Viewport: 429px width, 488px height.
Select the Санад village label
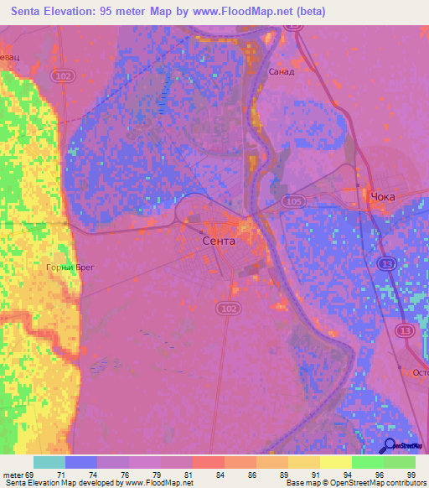pyautogui.click(x=281, y=71)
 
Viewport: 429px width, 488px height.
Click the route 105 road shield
pyautogui.click(x=292, y=202)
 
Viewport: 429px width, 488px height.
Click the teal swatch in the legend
pyautogui.click(x=49, y=462)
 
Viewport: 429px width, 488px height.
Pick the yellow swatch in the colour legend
pyautogui.click(x=335, y=462)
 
